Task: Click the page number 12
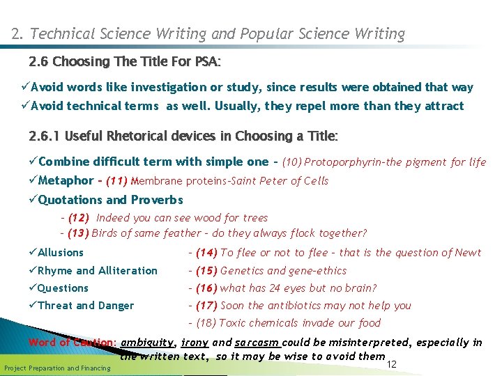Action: click(x=391, y=364)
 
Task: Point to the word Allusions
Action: click(x=61, y=253)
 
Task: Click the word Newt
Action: click(x=467, y=253)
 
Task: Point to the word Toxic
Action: click(x=232, y=323)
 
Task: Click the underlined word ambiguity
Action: click(x=148, y=343)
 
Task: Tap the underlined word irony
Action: click(x=195, y=343)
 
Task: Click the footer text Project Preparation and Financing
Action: click(x=57, y=368)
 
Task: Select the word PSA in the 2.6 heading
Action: click(x=206, y=61)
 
